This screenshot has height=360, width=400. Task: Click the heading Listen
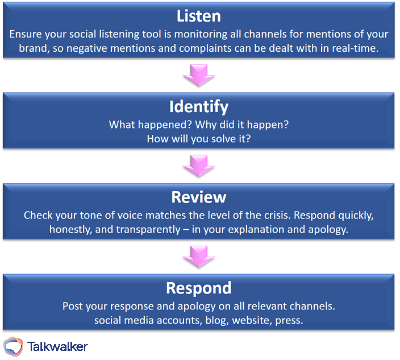pyautogui.click(x=199, y=16)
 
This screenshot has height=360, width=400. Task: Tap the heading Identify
pyautogui.click(x=199, y=107)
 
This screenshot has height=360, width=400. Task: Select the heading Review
pyautogui.click(x=199, y=197)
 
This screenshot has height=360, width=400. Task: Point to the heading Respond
pyautogui.click(x=199, y=288)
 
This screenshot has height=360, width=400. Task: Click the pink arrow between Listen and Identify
pyautogui.click(x=199, y=75)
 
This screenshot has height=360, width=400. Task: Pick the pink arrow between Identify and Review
pyautogui.click(x=199, y=165)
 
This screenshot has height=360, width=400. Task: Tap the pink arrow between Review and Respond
pyautogui.click(x=199, y=256)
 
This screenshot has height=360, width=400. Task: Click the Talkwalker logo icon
pyautogui.click(x=13, y=346)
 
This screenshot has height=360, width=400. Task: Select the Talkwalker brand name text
pyautogui.click(x=57, y=346)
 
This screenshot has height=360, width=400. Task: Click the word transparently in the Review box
pyautogui.click(x=148, y=230)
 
